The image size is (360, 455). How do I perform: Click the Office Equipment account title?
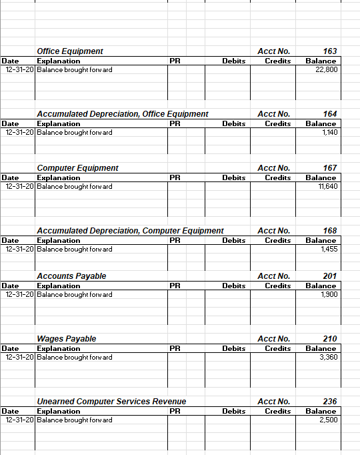tap(70, 51)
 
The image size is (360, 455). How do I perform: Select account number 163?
tap(329, 51)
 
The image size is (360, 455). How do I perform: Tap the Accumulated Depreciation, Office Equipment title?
tap(123, 114)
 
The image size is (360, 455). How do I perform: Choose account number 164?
tap(329, 114)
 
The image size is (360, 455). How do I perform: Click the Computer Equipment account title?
tap(78, 168)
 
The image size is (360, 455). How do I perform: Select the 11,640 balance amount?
tap(327, 187)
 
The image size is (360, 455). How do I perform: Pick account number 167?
tap(329, 168)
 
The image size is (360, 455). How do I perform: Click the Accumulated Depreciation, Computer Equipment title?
tap(130, 231)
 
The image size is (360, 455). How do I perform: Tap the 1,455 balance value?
tap(329, 250)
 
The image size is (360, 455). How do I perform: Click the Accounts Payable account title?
tap(71, 276)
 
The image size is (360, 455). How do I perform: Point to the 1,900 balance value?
tap(329, 295)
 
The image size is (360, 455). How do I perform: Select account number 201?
tap(329, 276)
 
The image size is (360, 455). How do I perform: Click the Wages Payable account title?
tap(67, 339)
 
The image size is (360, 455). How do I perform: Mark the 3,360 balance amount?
tap(328, 358)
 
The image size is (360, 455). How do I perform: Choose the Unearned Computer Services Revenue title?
tap(111, 402)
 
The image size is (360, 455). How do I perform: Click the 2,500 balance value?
tap(328, 420)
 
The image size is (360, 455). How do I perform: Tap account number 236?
tap(329, 402)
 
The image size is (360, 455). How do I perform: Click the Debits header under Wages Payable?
tap(233, 348)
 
